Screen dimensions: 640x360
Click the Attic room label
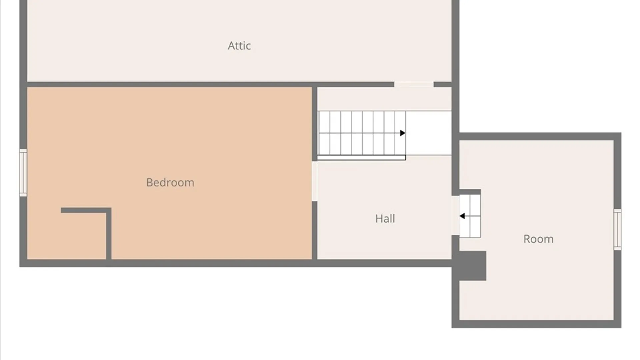pyautogui.click(x=239, y=46)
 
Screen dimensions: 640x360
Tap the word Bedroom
pyautogui.click(x=170, y=182)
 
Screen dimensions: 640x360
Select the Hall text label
pyautogui.click(x=385, y=218)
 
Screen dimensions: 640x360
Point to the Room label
pyautogui.click(x=538, y=239)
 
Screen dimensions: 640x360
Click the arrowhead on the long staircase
pyautogui.click(x=403, y=133)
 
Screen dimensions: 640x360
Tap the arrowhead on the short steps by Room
pyautogui.click(x=462, y=216)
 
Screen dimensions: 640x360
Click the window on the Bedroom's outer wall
pyautogui.click(x=23, y=173)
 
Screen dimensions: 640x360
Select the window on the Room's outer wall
pyautogui.click(x=617, y=229)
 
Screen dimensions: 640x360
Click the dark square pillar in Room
pyautogui.click(x=472, y=266)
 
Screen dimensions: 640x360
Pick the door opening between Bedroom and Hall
pyautogui.click(x=314, y=181)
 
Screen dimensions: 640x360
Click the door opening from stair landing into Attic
pyautogui.click(x=414, y=85)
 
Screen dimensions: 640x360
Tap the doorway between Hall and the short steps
pyautogui.click(x=455, y=215)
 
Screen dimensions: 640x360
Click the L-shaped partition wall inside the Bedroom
pyautogui.click(x=109, y=233)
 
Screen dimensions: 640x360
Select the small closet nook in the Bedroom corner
pyautogui.click(x=66, y=236)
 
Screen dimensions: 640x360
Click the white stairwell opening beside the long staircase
pyautogui.click(x=429, y=133)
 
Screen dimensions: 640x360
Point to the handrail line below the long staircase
pyautogui.click(x=361, y=158)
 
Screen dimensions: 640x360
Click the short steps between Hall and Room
pyautogui.click(x=470, y=216)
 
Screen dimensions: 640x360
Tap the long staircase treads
pyautogui.click(x=361, y=133)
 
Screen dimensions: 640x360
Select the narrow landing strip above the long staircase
pyautogui.click(x=384, y=99)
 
